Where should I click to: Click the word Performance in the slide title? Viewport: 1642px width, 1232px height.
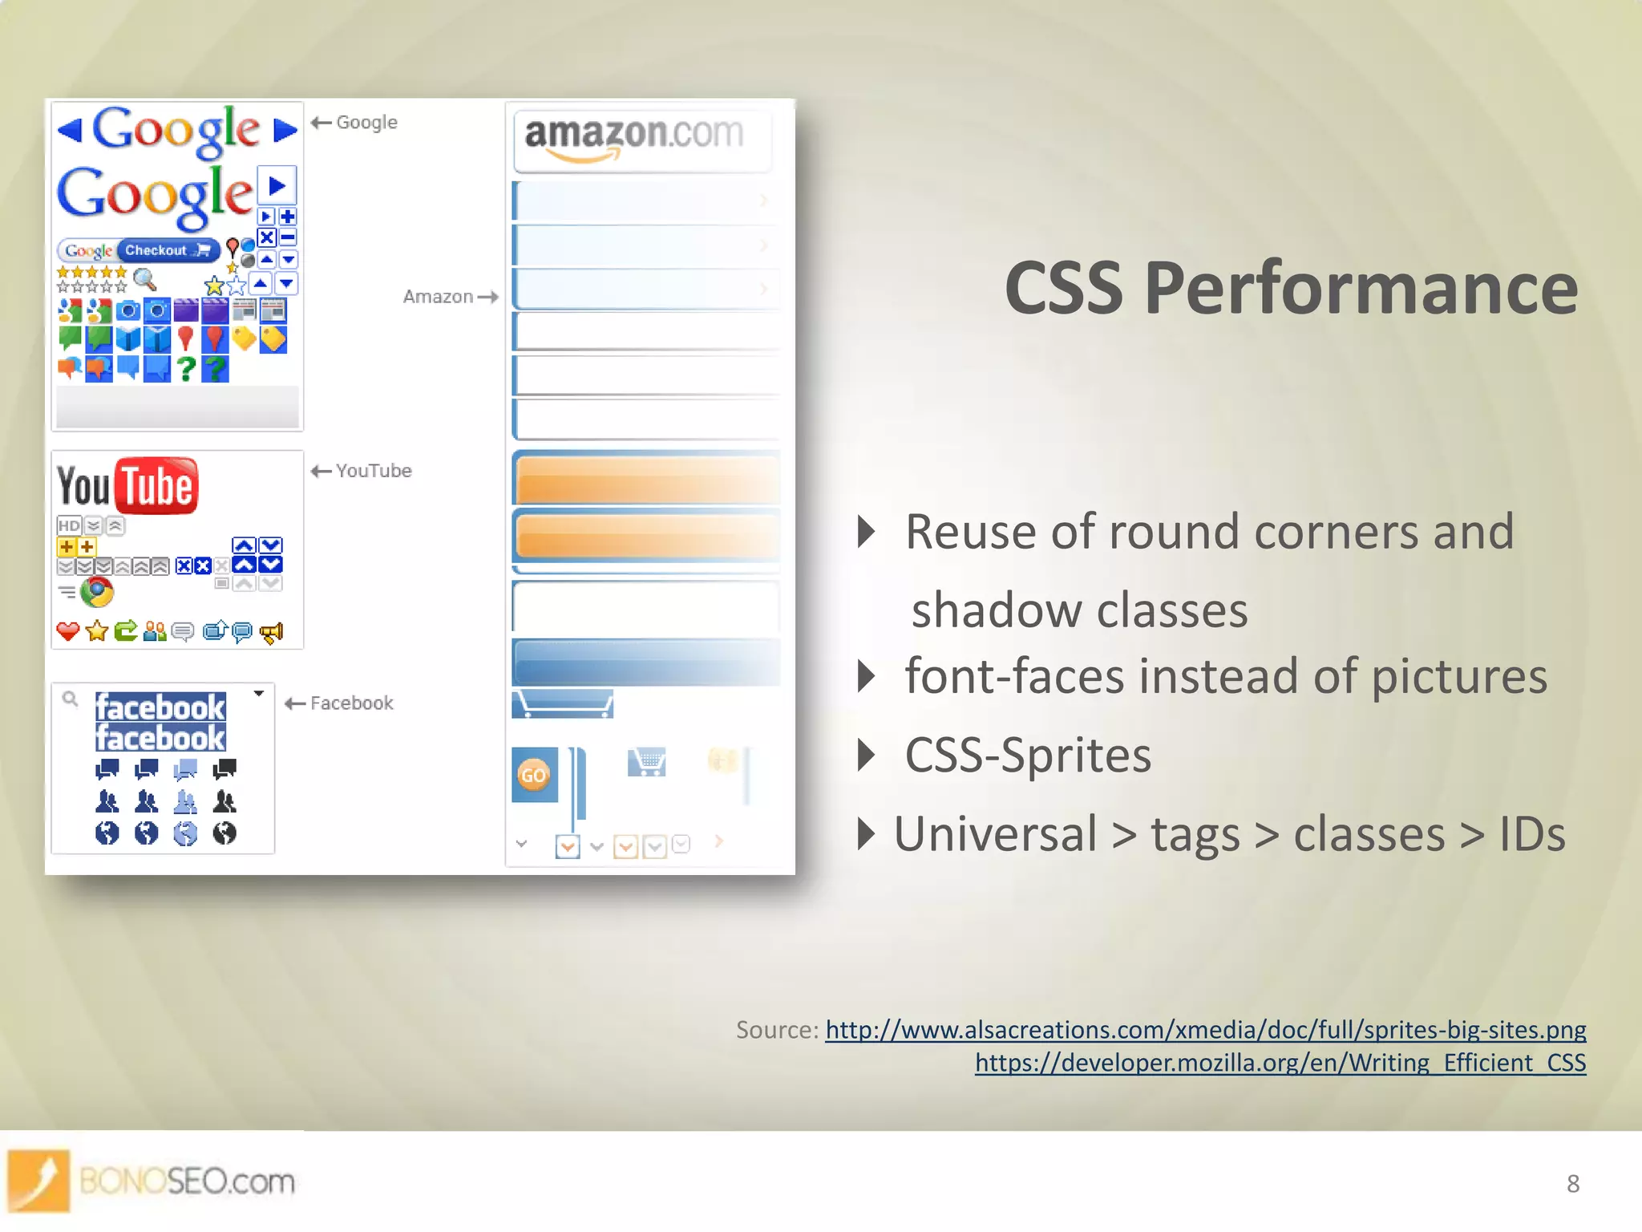point(1361,289)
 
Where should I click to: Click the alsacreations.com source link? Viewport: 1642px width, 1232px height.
point(1205,1029)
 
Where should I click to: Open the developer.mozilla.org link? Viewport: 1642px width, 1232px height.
point(1280,1063)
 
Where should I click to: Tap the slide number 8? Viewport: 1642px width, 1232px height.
point(1572,1184)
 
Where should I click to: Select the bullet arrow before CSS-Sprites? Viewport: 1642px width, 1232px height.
point(865,755)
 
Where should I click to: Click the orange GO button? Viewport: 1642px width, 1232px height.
point(533,775)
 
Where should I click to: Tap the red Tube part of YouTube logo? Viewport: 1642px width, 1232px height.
point(157,485)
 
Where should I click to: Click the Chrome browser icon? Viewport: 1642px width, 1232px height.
point(97,593)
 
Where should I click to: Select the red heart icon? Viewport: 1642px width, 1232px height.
point(68,631)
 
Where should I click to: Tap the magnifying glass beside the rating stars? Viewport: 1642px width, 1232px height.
point(144,279)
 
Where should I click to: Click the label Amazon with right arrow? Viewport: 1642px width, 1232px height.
point(449,297)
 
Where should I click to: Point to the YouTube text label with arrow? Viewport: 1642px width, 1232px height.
point(362,471)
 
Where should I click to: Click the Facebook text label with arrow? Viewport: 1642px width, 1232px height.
point(339,703)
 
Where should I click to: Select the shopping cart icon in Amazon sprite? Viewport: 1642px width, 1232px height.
point(647,761)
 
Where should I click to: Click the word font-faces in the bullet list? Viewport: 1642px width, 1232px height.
point(1013,676)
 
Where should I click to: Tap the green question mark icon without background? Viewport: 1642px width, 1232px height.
point(186,368)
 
